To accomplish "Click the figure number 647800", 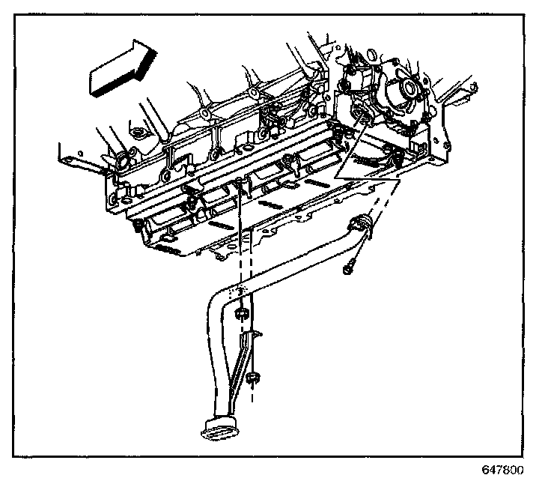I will pyautogui.click(x=502, y=471).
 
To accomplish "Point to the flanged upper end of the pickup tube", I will pyautogui.click(x=361, y=226).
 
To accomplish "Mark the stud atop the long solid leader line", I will pyautogui.click(x=238, y=182).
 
